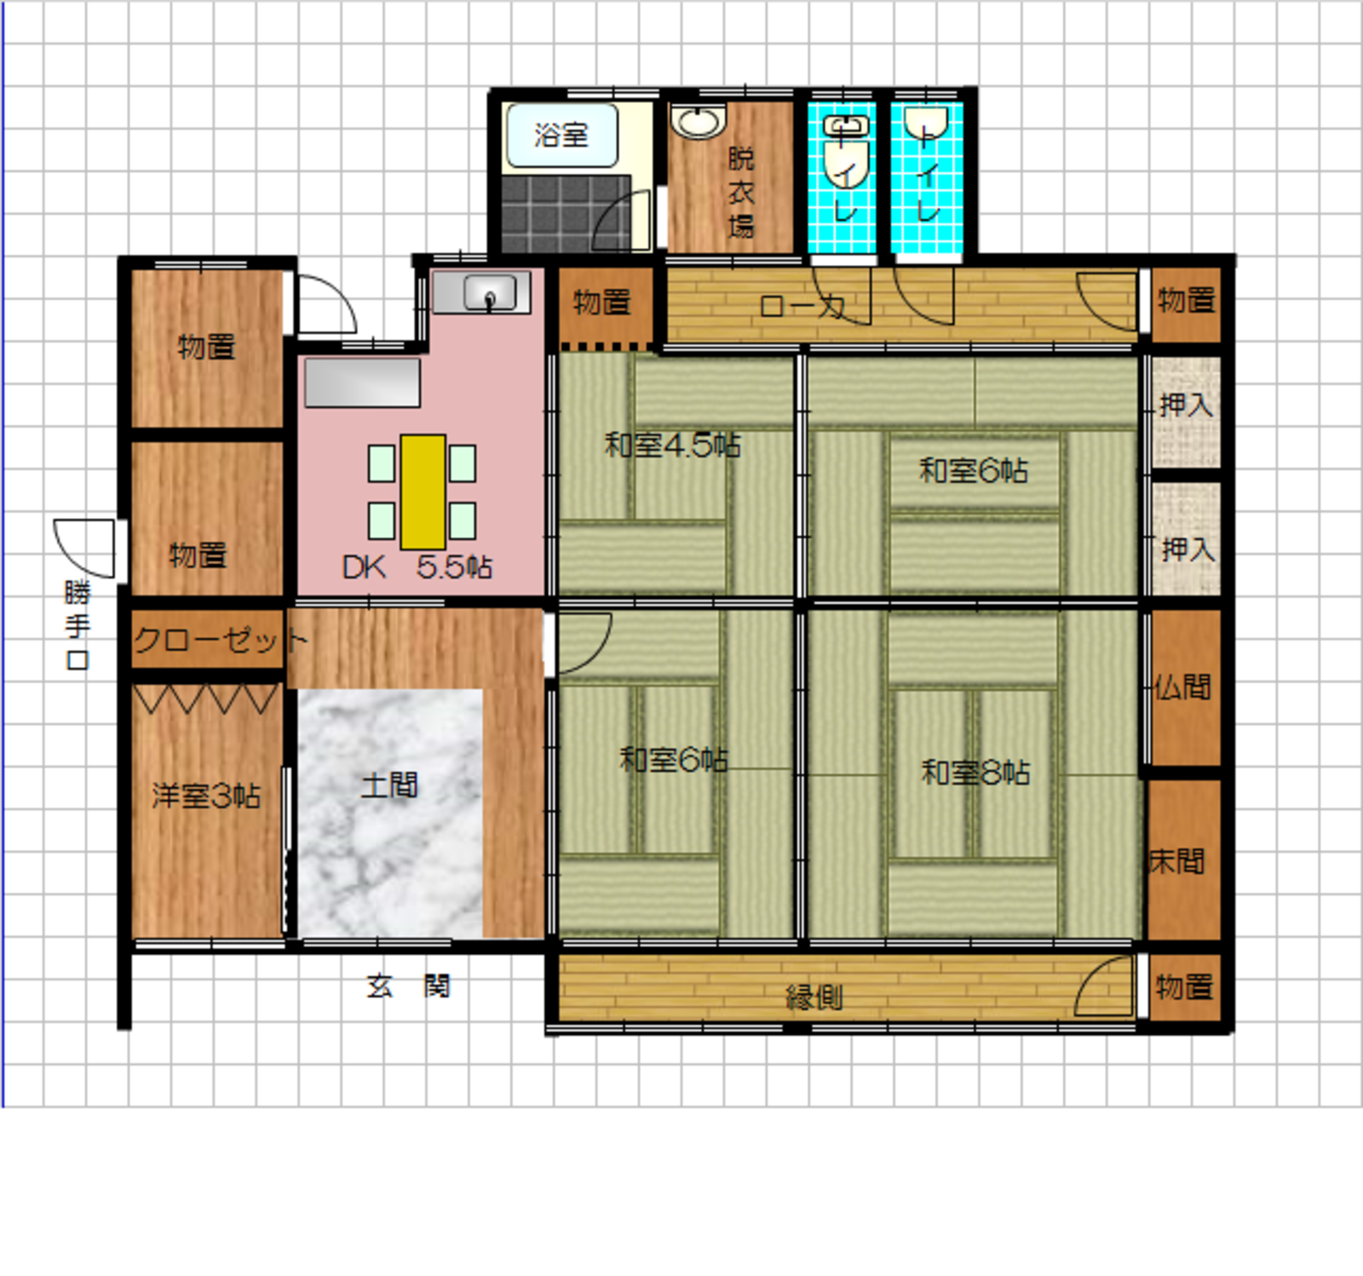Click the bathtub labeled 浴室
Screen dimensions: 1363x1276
click(562, 135)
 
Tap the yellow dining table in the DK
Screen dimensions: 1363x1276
click(423, 492)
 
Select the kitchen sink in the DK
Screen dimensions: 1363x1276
click(481, 292)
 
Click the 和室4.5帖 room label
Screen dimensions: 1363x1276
click(672, 445)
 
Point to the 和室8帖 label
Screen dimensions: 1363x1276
click(975, 773)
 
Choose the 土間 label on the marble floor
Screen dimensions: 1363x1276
click(389, 785)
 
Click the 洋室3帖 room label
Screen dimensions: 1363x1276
click(206, 796)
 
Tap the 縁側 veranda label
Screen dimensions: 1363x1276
click(814, 997)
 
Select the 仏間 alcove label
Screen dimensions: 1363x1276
click(1183, 687)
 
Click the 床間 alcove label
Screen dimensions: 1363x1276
click(1177, 862)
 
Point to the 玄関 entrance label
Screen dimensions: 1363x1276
click(409, 986)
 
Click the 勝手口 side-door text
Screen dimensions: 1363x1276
click(78, 626)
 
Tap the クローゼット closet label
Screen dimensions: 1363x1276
click(221, 640)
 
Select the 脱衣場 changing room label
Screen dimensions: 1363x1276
click(741, 192)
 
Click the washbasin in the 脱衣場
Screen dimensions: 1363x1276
click(699, 121)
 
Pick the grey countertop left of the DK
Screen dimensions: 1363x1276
click(363, 382)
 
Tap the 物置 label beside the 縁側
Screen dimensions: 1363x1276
click(1184, 986)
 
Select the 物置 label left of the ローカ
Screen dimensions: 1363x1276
click(602, 302)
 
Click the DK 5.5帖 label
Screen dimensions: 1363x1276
click(417, 567)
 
